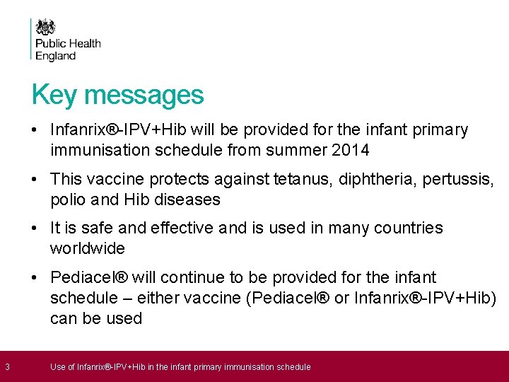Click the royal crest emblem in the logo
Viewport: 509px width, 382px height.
coord(45,28)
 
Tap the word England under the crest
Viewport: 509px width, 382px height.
coord(55,56)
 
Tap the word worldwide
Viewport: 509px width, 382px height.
coord(88,248)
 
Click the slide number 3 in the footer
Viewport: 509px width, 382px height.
coord(7,366)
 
